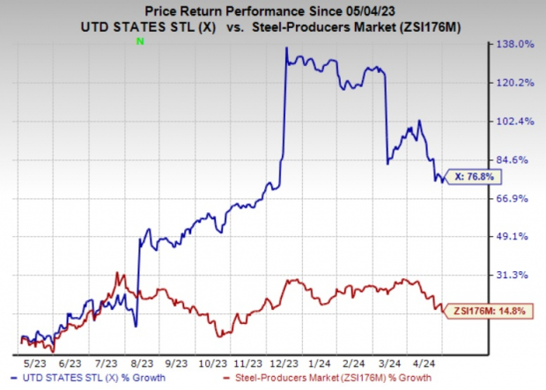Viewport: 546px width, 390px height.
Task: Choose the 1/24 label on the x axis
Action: pyautogui.click(x=321, y=361)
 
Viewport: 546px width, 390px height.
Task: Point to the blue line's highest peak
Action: pyautogui.click(x=287, y=48)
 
